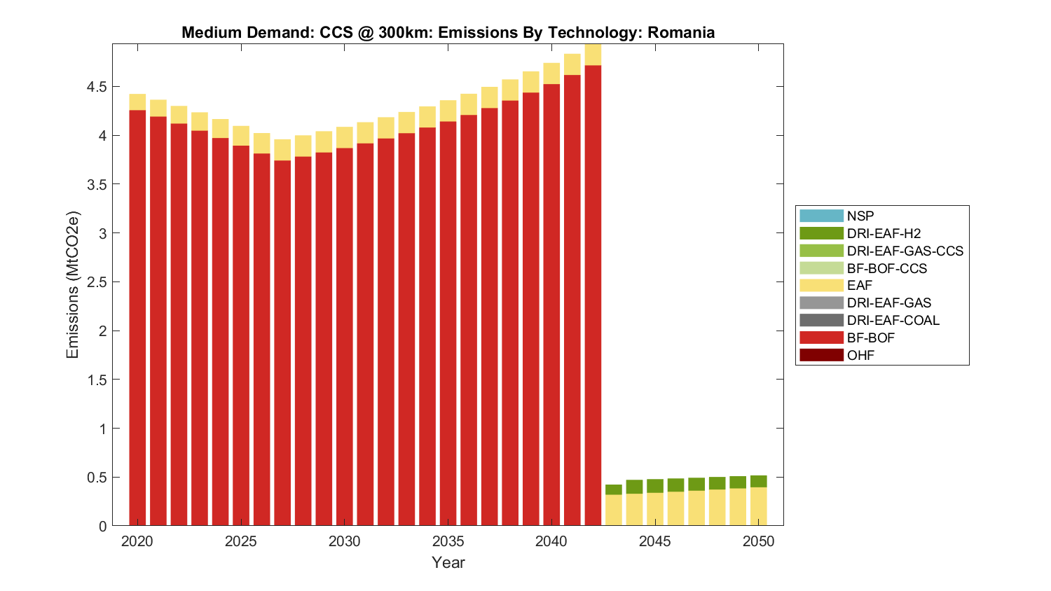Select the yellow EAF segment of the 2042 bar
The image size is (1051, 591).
pos(593,55)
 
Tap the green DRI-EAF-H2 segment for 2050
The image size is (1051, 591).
pos(758,481)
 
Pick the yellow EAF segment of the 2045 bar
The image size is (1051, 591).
pos(655,509)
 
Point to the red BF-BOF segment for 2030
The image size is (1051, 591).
pos(344,336)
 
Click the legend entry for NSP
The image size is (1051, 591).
pos(860,216)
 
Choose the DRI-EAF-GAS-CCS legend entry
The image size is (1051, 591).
pos(905,251)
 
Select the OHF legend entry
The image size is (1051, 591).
pos(860,355)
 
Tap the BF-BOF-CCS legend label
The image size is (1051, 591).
pos(886,268)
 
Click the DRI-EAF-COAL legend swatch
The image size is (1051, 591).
pos(821,320)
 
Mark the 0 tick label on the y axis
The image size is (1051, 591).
pos(102,526)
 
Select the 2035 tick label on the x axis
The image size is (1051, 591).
pos(448,541)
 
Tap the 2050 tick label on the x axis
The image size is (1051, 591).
pos(758,541)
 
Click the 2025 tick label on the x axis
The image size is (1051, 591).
pos(241,541)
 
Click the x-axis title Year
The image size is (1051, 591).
pos(448,562)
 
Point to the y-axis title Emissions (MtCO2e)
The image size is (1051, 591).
pos(72,285)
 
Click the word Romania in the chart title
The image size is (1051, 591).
pos(681,32)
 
